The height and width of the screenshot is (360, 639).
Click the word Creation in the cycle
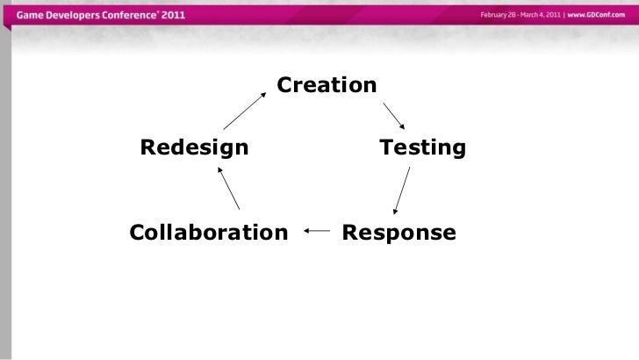327,85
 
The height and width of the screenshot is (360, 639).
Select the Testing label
421,147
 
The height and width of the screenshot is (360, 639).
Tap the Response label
399,233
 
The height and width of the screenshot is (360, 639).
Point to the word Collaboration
209,233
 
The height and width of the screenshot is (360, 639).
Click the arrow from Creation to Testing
393,116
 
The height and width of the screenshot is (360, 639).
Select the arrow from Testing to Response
402,191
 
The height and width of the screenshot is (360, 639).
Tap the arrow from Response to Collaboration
317,232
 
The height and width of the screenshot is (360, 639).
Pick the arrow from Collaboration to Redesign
228,189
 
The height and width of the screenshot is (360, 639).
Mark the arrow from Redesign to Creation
245,110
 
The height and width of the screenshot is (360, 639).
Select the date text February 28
498,16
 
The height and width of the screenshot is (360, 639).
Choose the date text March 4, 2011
542,16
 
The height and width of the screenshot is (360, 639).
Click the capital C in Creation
285,85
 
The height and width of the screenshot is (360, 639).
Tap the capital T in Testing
386,147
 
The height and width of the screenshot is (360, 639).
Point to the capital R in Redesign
148,147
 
